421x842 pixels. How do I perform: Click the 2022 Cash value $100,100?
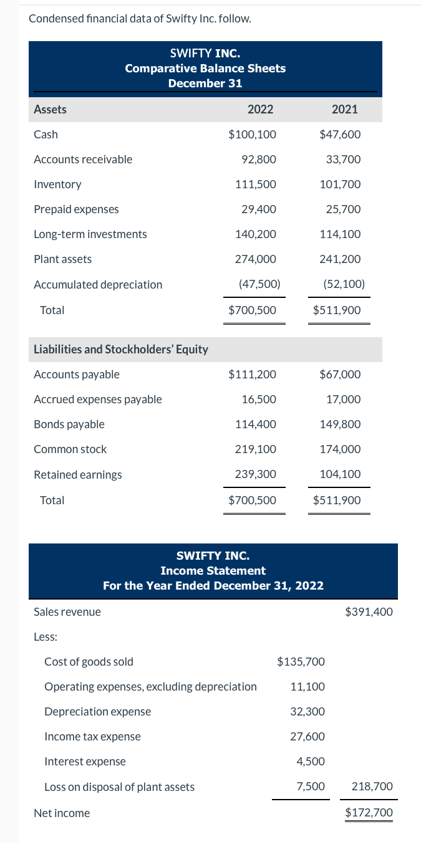coord(253,134)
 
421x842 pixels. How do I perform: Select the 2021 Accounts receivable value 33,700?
coord(343,159)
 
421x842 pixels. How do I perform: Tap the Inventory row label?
coord(57,184)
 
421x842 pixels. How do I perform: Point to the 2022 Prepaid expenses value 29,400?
coord(259,209)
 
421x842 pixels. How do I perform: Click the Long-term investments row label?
coord(90,234)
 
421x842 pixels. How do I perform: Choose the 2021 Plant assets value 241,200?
coord(340,259)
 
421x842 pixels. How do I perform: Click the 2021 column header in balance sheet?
coord(345,109)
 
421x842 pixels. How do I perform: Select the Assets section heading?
coord(50,109)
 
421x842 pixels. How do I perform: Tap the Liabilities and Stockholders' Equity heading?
coord(121,349)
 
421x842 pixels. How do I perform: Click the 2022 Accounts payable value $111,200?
coord(253,374)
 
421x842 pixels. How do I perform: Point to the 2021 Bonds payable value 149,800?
coord(340,424)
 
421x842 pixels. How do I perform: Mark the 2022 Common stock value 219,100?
coord(256,449)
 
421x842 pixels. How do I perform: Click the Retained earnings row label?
coord(78,474)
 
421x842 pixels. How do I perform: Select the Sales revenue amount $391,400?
coord(369,611)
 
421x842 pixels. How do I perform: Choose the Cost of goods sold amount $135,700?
coord(301,661)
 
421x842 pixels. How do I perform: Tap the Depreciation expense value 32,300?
coord(307,711)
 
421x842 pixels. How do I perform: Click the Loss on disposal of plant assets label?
coord(119,787)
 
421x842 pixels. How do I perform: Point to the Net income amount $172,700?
coord(369,813)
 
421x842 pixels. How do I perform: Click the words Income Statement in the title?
coord(213,570)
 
